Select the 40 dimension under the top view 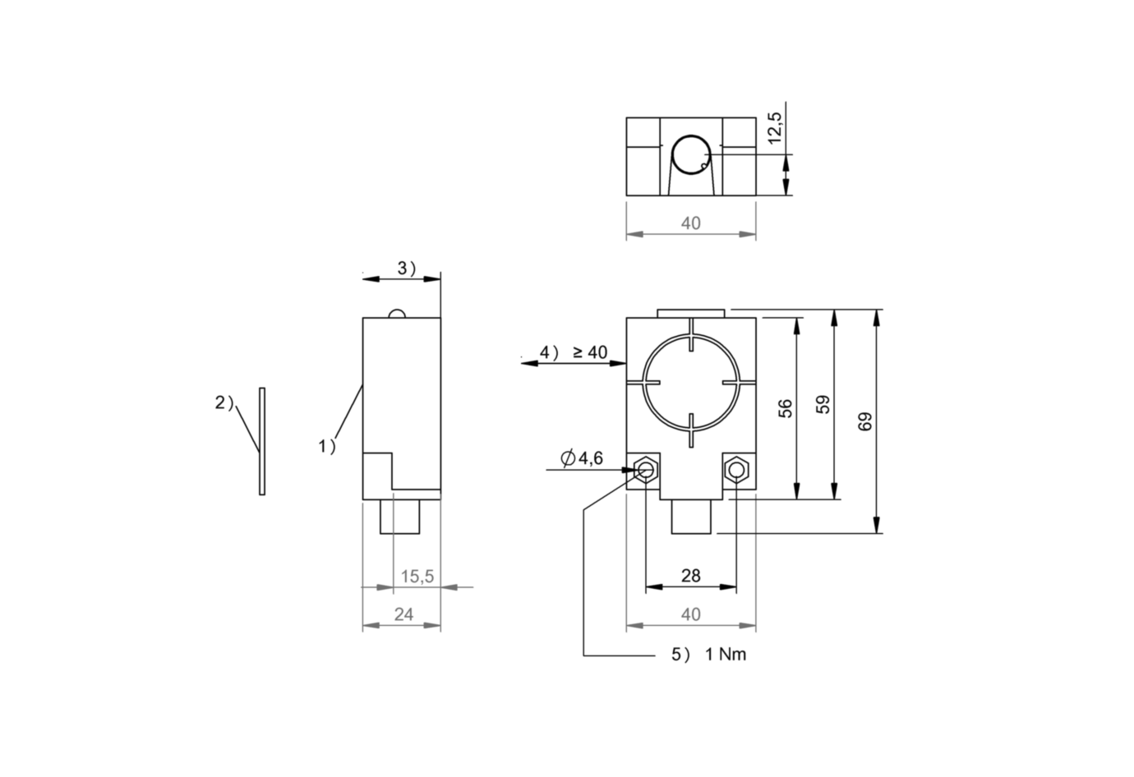pyautogui.click(x=690, y=223)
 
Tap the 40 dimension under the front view pyautogui.click(x=690, y=614)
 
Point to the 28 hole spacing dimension pyautogui.click(x=690, y=575)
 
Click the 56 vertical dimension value pyautogui.click(x=786, y=408)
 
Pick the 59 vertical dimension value pyautogui.click(x=823, y=404)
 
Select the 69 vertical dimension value pyautogui.click(x=864, y=421)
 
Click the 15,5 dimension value pyautogui.click(x=417, y=577)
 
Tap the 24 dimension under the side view pyautogui.click(x=403, y=614)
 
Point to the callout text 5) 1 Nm pyautogui.click(x=708, y=655)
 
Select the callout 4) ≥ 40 pyautogui.click(x=573, y=352)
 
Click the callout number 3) pyautogui.click(x=407, y=268)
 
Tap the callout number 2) pyautogui.click(x=224, y=402)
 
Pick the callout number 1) pyautogui.click(x=327, y=446)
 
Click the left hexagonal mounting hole pyautogui.click(x=646, y=470)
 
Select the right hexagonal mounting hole pyautogui.click(x=735, y=470)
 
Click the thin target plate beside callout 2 pyautogui.click(x=262, y=441)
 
